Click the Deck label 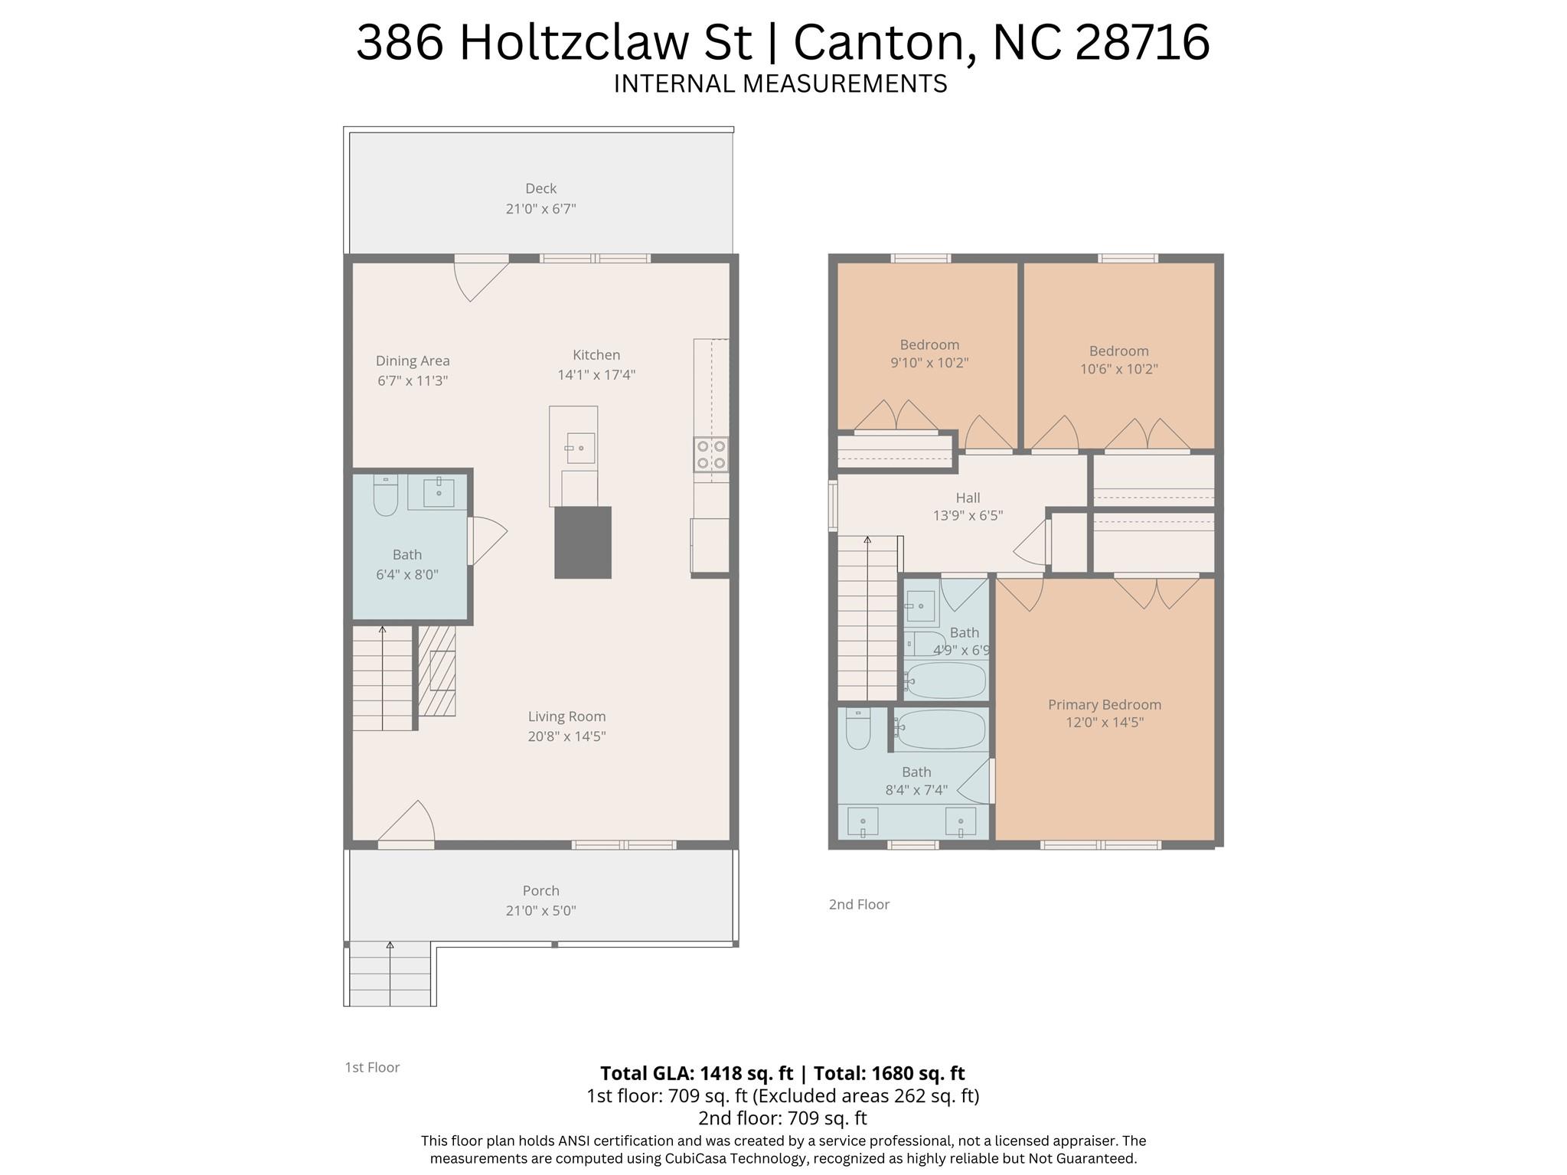point(540,188)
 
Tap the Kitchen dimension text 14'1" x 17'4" point(596,375)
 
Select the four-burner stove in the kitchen point(710,454)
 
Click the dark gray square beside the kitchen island point(583,542)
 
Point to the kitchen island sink point(579,448)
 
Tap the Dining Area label point(413,361)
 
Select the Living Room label point(566,716)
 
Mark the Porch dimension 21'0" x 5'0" point(540,911)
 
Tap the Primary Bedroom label point(1104,704)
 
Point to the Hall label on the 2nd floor point(968,498)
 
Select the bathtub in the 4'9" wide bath point(946,680)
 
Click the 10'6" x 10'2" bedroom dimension point(1118,369)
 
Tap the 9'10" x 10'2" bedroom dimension point(929,363)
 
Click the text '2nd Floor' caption point(859,904)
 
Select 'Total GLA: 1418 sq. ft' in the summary point(696,1073)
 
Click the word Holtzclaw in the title point(606,42)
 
